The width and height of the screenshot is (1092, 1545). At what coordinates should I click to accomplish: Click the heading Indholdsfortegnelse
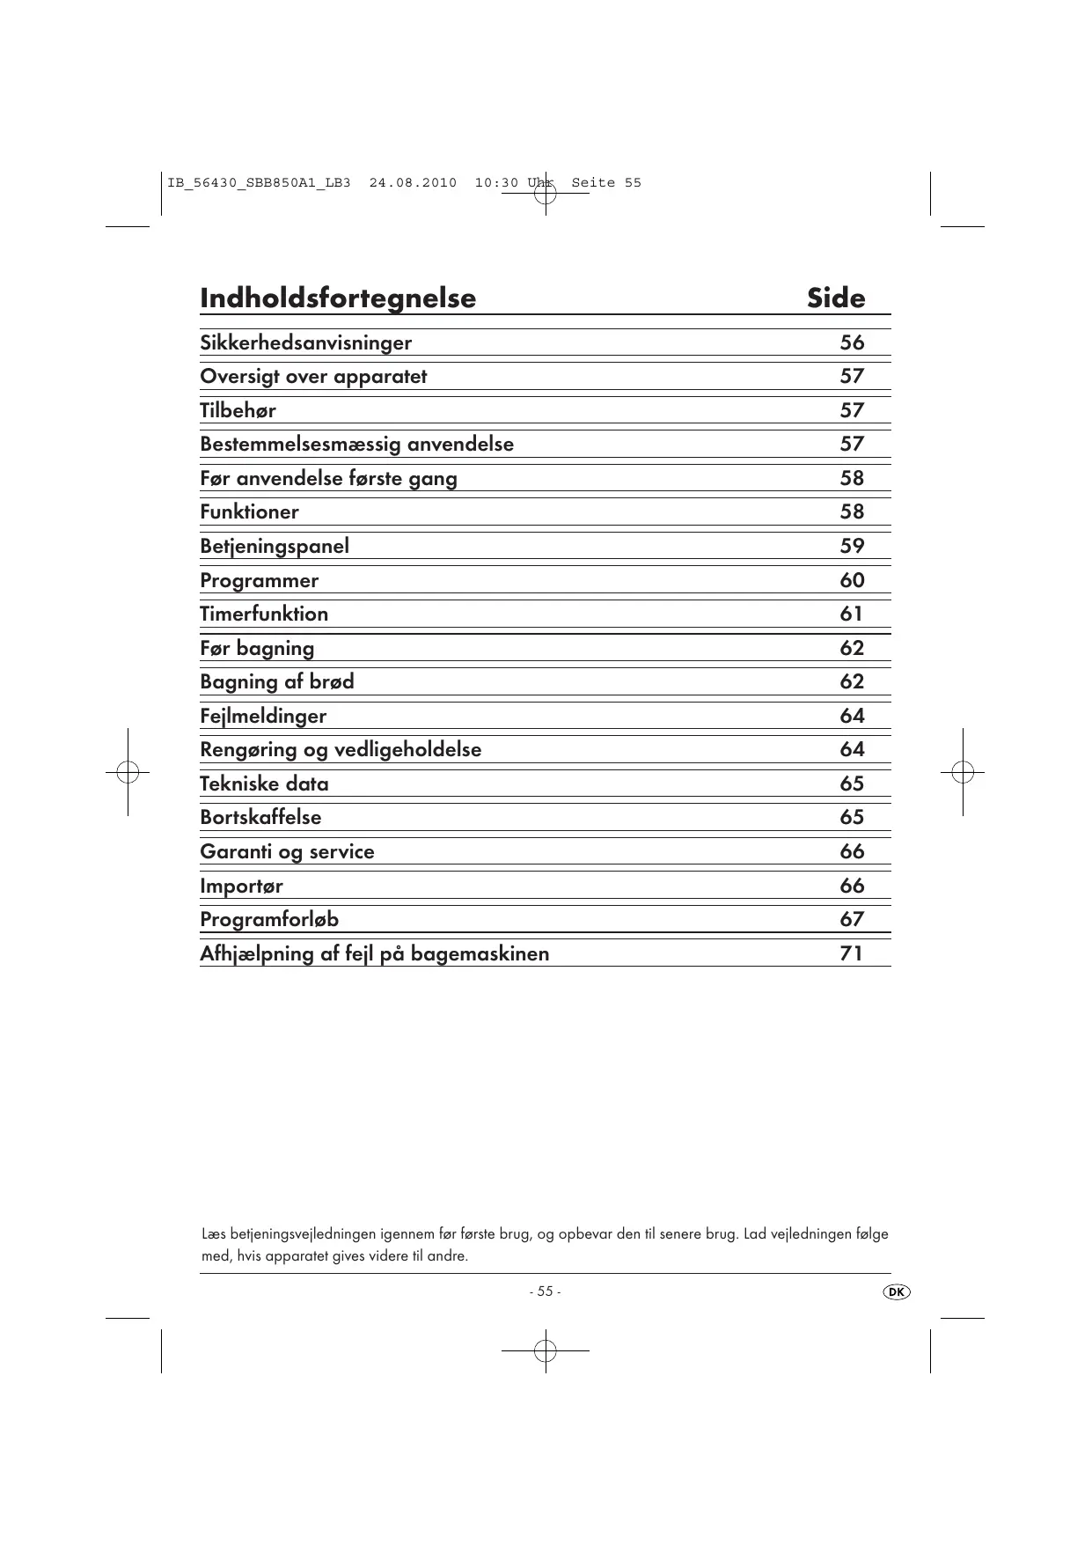pos(338,298)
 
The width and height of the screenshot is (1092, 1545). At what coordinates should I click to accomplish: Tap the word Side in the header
pos(836,298)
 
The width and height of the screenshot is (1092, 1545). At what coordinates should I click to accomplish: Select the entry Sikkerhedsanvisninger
pos(305,342)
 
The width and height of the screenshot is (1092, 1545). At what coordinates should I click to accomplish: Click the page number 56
pos(852,342)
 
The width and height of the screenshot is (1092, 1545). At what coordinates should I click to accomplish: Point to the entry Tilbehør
pos(238,410)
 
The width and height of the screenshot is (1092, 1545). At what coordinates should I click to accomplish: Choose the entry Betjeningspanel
pos(275,546)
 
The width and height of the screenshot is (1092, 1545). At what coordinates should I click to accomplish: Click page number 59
pos(852,546)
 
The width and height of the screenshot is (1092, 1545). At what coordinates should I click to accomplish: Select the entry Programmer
pos(259,580)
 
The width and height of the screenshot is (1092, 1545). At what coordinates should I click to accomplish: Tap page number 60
pos(852,580)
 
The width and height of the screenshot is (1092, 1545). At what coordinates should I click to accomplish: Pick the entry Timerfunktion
pos(264,614)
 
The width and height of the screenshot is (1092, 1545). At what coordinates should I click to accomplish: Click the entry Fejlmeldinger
pos(263,716)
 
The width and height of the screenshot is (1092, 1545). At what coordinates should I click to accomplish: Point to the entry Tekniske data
pos(264,784)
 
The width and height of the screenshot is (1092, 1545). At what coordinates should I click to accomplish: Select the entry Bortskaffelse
pos(260,817)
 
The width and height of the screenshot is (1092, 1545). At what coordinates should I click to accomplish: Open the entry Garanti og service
pos(287,851)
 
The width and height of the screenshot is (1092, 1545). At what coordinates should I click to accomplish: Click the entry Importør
pos(241,886)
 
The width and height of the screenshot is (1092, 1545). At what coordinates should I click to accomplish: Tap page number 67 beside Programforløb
pos(852,919)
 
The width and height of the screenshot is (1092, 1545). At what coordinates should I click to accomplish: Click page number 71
pos(851,953)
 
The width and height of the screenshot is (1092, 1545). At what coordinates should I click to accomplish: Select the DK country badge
pos(896,1291)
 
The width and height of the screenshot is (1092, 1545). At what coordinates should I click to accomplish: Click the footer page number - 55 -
pos(545,1291)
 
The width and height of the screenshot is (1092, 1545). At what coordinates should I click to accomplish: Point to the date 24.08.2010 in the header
pos(413,183)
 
